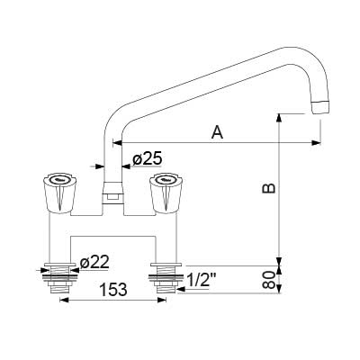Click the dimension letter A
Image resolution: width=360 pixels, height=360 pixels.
point(218,132)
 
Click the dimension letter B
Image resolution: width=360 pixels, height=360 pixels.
point(269,188)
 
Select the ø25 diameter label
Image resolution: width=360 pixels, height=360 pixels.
point(148,157)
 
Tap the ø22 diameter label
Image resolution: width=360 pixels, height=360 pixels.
point(94,263)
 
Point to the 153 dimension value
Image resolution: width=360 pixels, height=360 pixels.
point(113,290)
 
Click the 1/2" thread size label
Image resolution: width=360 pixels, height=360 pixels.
point(202,281)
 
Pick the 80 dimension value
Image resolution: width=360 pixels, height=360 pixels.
point(269,280)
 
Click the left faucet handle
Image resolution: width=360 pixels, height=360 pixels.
point(59,193)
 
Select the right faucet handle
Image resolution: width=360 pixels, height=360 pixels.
point(166,193)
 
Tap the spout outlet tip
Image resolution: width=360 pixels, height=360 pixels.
point(321,107)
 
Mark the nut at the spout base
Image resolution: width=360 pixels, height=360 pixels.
point(112,193)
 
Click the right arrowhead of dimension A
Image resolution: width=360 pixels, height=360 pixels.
point(316,143)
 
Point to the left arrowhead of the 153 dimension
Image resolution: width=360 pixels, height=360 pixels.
point(65,300)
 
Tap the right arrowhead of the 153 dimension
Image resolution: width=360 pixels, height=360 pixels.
point(162,300)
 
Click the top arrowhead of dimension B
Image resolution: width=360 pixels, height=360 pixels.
point(279,118)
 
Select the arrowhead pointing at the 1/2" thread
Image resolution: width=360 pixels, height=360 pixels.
point(182,289)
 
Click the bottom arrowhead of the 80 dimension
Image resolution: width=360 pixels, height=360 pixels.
point(279,289)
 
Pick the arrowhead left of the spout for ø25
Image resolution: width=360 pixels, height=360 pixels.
point(99,166)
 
